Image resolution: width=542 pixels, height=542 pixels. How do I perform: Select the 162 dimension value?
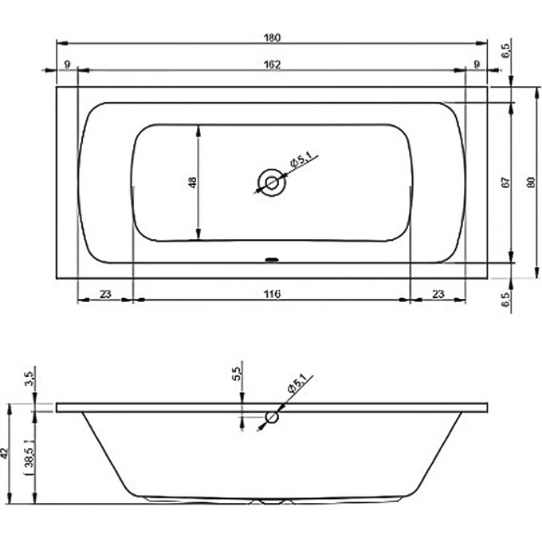tap(273, 64)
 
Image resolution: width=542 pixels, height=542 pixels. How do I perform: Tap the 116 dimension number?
tap(272, 293)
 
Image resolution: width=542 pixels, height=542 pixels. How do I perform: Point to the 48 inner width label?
tap(191, 183)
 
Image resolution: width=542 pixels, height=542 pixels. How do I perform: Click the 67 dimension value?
tap(505, 183)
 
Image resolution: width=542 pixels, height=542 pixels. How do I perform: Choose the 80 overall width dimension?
tap(530, 183)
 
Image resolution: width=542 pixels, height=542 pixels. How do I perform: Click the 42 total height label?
tap(6, 454)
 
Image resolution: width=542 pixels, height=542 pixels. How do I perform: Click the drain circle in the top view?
tap(272, 183)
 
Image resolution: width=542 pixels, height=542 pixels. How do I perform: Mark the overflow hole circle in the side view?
tap(273, 417)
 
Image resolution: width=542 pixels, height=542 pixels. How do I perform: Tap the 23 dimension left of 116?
tap(105, 293)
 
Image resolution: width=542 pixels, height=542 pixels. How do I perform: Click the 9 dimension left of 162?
tap(67, 64)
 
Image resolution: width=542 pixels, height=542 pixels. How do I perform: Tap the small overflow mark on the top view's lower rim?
tap(272, 259)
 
